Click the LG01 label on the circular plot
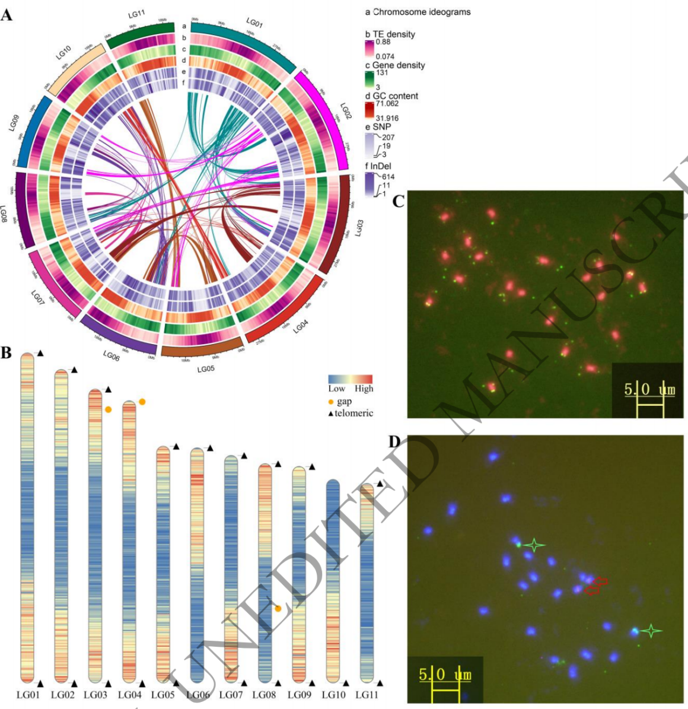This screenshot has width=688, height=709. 254,23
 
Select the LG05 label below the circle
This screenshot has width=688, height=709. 205,368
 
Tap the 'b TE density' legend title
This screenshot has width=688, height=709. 390,34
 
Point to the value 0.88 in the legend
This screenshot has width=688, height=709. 383,42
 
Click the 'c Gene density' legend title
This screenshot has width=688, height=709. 395,65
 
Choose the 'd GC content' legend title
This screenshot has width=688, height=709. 391,96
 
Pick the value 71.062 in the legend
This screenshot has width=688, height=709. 387,104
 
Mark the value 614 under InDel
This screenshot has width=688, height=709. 388,177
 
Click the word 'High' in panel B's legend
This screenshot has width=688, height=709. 364,389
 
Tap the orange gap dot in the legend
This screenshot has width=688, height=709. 331,402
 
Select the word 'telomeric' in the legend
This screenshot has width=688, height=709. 354,413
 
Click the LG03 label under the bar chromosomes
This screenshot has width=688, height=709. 95,695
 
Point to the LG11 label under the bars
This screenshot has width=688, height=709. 367,695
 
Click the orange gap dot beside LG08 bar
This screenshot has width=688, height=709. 278,608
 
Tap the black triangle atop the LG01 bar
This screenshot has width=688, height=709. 40,354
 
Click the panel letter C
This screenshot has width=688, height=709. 399,202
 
